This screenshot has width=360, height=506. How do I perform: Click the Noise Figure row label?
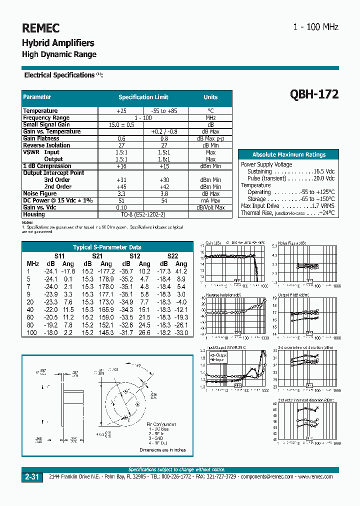[40, 193]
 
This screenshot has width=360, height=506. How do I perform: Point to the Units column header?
[210, 97]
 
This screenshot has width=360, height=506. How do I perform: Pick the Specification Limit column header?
[143, 97]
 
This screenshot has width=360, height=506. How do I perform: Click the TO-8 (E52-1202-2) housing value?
[143, 214]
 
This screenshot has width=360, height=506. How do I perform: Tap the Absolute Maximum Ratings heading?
[288, 155]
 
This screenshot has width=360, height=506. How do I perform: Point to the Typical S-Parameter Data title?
[107, 247]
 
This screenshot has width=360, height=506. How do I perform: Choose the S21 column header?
[97, 256]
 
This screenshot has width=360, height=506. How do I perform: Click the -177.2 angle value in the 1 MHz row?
[105, 271]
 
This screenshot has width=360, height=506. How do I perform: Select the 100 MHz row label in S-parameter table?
[32, 332]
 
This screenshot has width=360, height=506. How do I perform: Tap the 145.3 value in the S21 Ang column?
[105, 332]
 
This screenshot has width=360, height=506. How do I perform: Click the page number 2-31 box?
[31, 477]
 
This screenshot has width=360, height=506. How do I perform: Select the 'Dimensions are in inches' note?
[162, 450]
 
